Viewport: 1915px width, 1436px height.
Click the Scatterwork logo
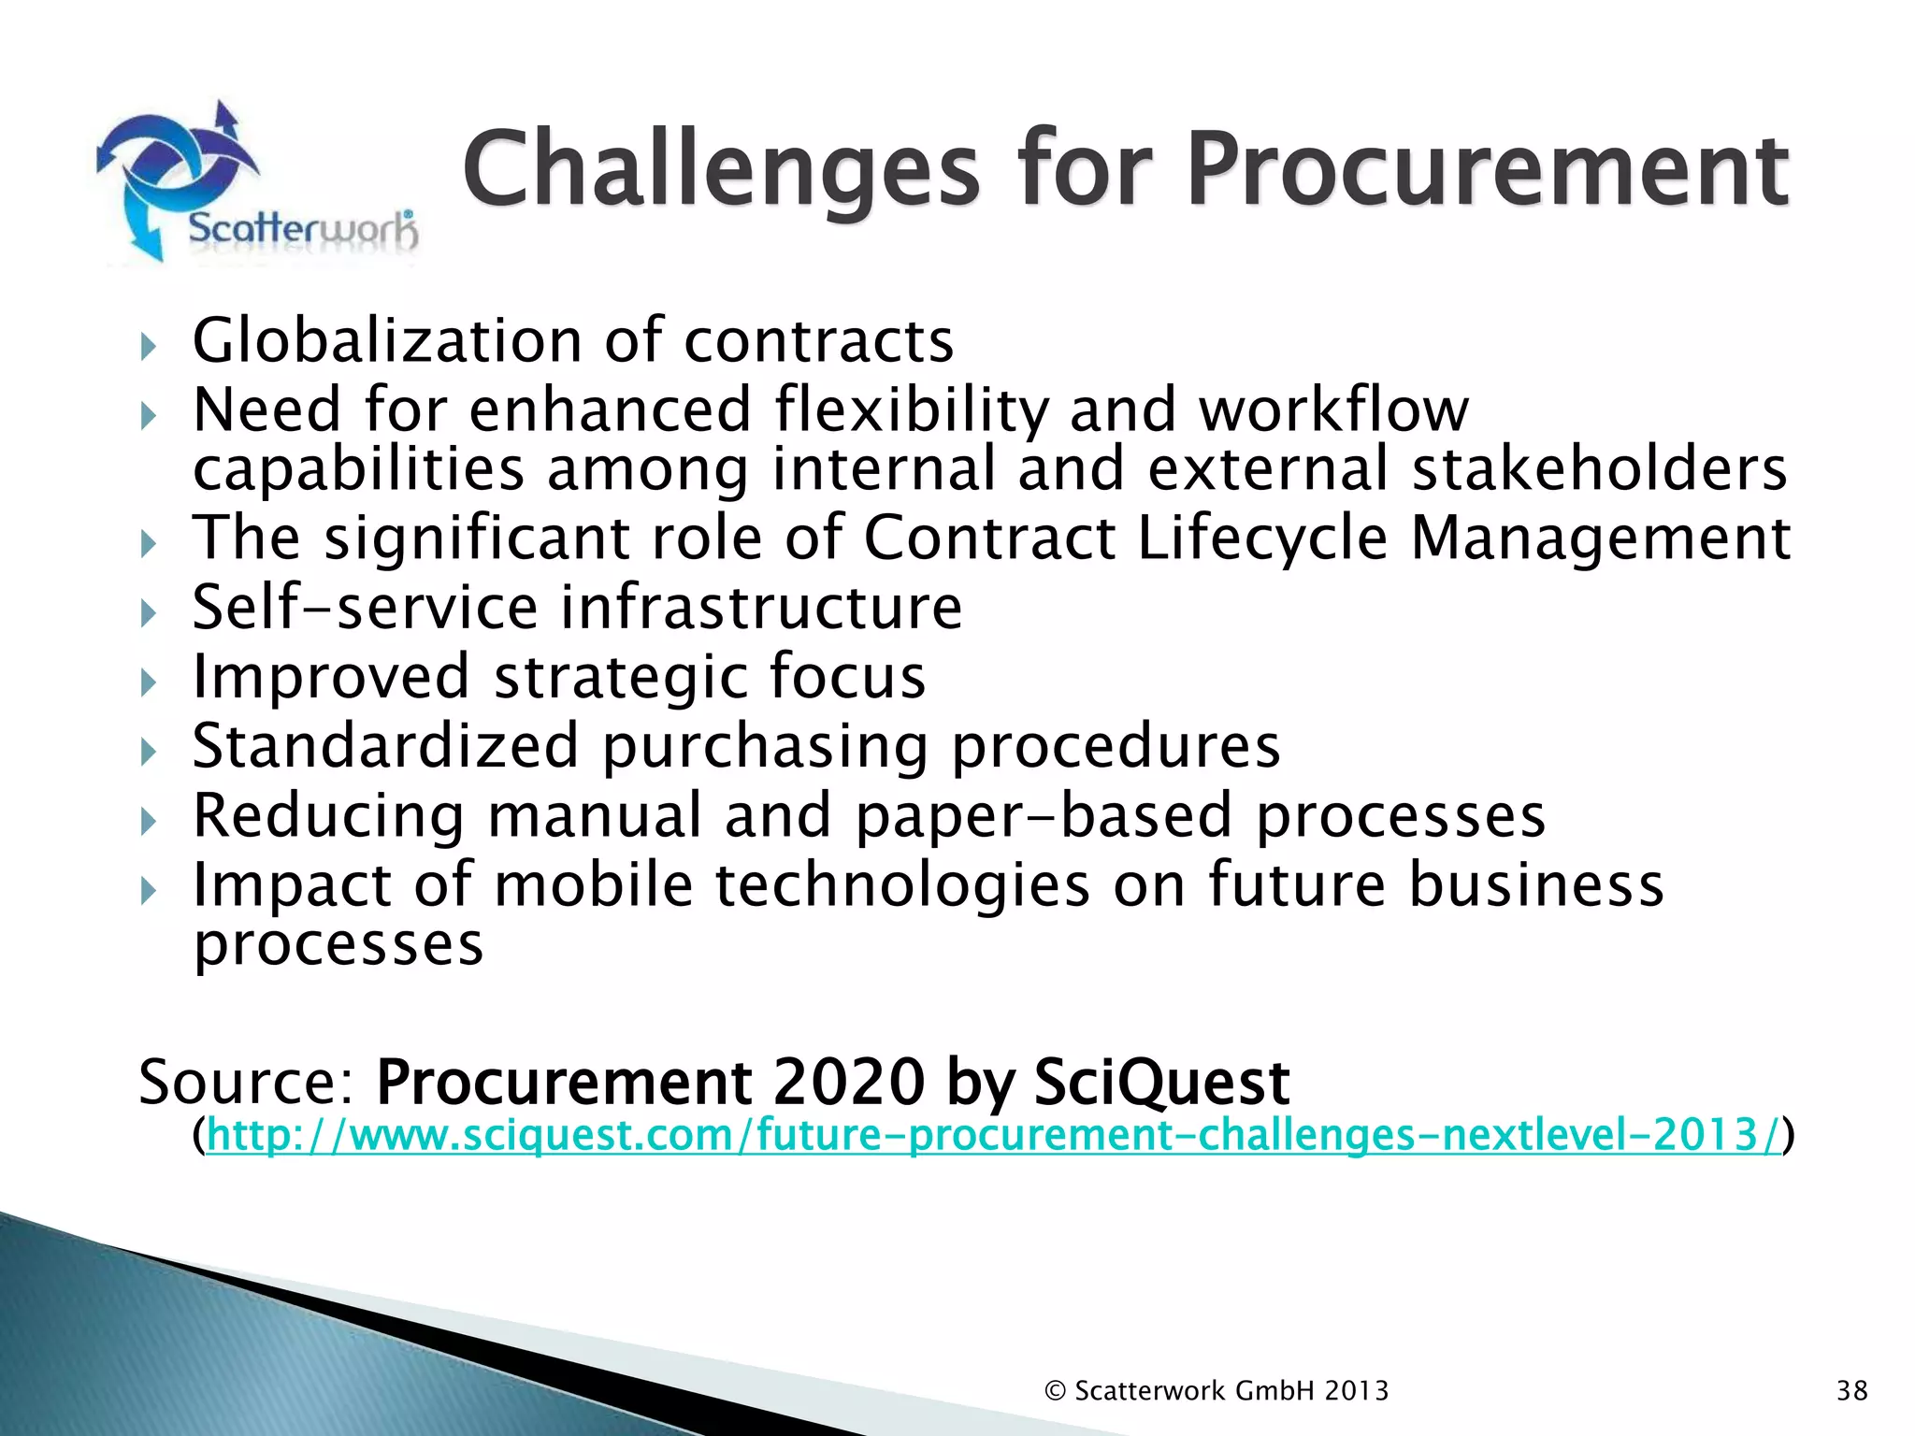[257, 182]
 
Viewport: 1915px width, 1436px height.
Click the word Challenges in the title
[720, 171]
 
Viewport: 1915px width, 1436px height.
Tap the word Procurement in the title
[1487, 171]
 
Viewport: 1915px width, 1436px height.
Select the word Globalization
[386, 340]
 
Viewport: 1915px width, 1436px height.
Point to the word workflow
[1333, 410]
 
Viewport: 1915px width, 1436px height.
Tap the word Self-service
[365, 608]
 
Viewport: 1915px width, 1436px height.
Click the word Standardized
[385, 746]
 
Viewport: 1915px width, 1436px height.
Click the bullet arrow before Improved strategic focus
[148, 682]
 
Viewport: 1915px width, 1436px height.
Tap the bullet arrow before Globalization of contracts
[148, 347]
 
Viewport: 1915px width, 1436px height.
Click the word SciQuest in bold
[1161, 1083]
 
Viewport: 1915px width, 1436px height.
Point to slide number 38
[1851, 1391]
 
